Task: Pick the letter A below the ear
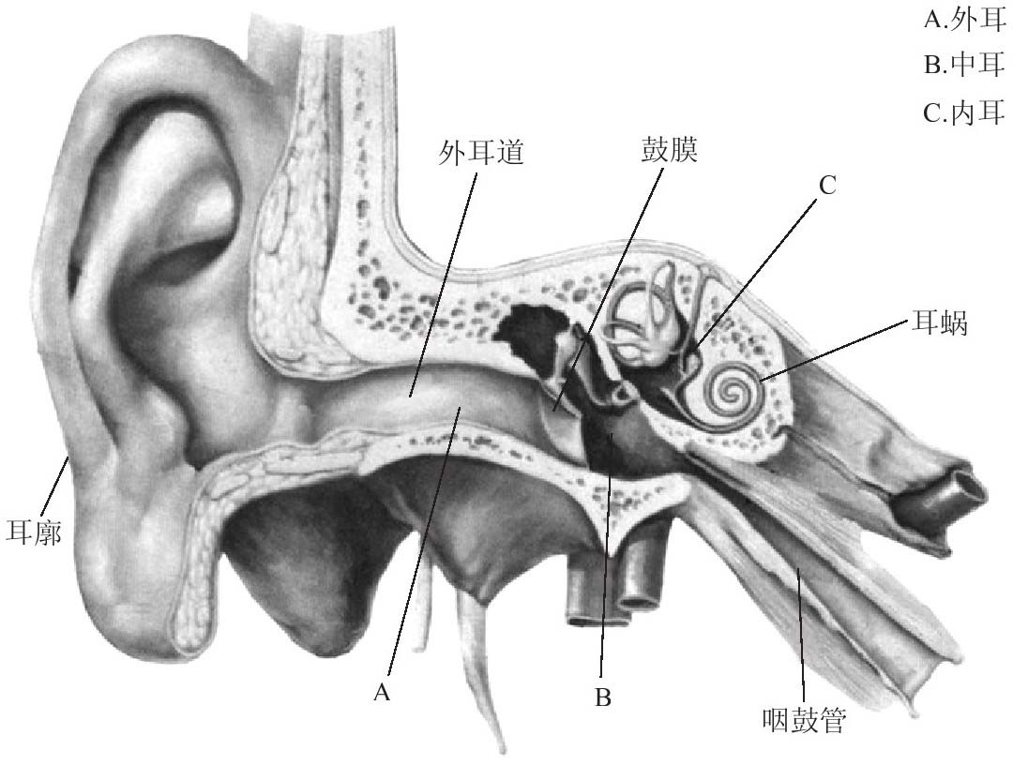[381, 692]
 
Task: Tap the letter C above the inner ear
[825, 186]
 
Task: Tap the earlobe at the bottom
[141, 609]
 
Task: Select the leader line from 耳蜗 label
[835, 351]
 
